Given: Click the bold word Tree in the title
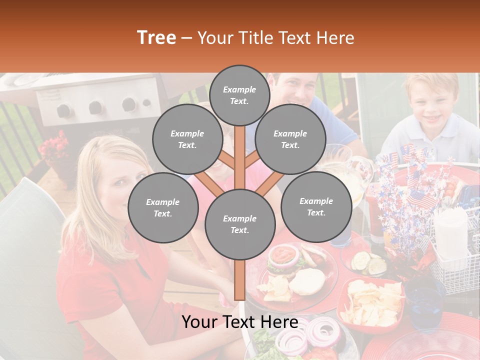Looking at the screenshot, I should (156, 37).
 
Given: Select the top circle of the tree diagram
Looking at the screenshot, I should (239, 95).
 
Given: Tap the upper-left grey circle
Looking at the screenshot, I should (187, 139).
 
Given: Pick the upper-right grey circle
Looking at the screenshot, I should (290, 139).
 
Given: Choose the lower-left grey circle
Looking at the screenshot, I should (162, 207).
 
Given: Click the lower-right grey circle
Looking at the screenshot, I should (316, 206).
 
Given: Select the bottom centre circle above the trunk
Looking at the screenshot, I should (239, 224).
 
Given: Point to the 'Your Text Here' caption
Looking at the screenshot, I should (239, 322).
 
